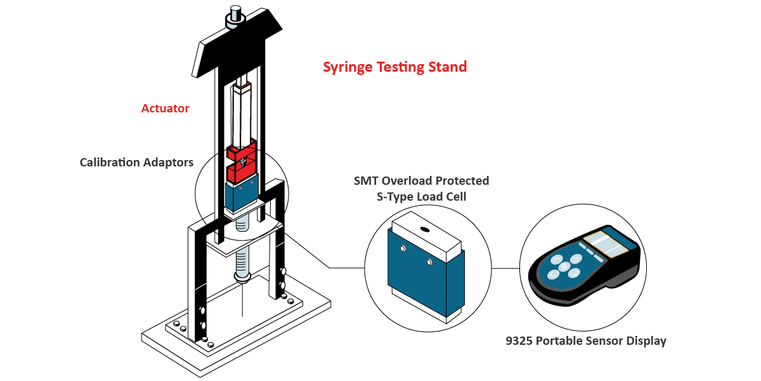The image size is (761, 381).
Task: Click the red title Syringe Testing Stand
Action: tap(394, 67)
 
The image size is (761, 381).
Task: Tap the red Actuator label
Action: tap(165, 109)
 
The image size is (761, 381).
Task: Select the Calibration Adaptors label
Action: tap(136, 163)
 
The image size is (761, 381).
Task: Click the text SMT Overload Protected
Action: tap(421, 181)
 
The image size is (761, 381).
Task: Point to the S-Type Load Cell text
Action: tap(421, 197)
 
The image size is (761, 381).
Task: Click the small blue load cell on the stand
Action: tap(241, 197)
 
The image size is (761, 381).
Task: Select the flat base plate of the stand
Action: tap(254, 330)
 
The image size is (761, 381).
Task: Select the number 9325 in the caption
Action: tap(519, 341)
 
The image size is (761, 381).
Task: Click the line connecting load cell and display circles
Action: tap(505, 268)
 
